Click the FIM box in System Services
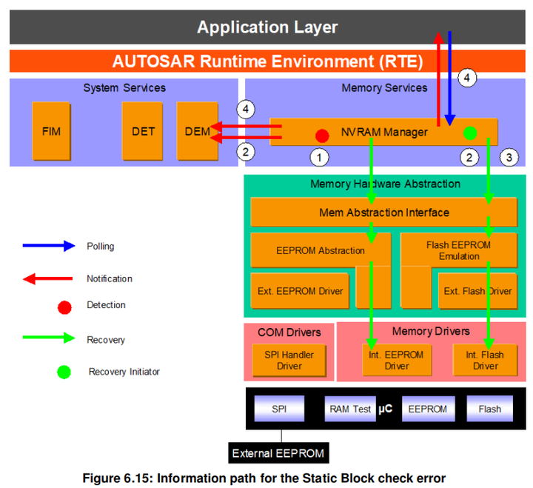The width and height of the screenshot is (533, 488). pyautogui.click(x=52, y=132)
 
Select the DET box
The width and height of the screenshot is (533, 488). pyautogui.click(x=143, y=132)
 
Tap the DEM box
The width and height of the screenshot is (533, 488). pyautogui.click(x=197, y=132)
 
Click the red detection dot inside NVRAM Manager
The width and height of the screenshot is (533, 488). pyautogui.click(x=322, y=136)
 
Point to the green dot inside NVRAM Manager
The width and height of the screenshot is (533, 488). pyautogui.click(x=469, y=133)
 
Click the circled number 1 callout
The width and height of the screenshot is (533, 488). pyautogui.click(x=319, y=157)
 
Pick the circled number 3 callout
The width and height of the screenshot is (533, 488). pyautogui.click(x=509, y=157)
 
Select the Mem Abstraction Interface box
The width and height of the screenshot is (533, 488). pyautogui.click(x=383, y=213)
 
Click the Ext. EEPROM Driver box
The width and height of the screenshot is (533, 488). pyautogui.click(x=301, y=290)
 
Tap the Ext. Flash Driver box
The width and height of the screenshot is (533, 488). pyautogui.click(x=477, y=290)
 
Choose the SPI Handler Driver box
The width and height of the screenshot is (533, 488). pyautogui.click(x=289, y=360)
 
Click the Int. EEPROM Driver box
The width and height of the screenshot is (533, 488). pyautogui.click(x=397, y=360)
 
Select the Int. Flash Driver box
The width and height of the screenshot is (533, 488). pyautogui.click(x=486, y=360)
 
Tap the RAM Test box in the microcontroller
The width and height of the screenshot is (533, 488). pyautogui.click(x=350, y=409)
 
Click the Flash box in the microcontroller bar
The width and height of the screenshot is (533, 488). pyautogui.click(x=489, y=409)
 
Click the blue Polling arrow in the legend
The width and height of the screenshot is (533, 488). pyautogui.click(x=49, y=246)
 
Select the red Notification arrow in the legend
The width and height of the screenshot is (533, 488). pyautogui.click(x=49, y=278)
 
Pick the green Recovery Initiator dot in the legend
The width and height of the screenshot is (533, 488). pyautogui.click(x=64, y=372)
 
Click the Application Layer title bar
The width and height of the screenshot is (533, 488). pyautogui.click(x=266, y=28)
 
